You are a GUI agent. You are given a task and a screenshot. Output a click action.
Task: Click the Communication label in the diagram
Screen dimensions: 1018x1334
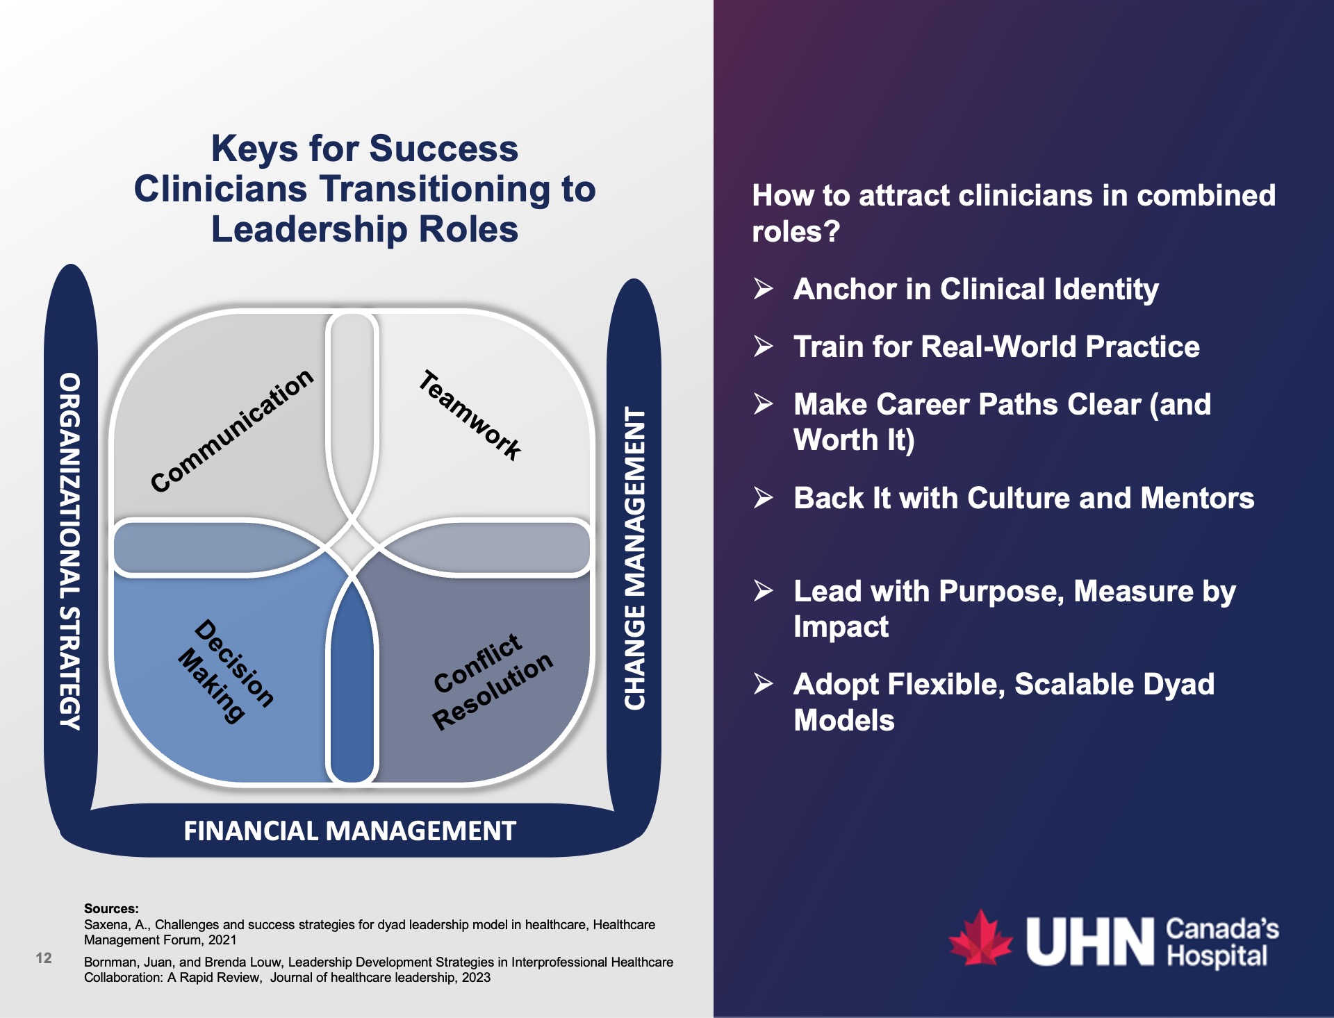coord(232,431)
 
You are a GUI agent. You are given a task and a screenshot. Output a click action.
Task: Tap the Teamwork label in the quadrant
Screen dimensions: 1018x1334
coord(470,415)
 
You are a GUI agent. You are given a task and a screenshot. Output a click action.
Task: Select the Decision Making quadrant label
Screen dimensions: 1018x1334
coord(227,671)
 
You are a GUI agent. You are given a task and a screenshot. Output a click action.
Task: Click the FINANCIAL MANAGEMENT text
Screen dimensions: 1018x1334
coord(349,831)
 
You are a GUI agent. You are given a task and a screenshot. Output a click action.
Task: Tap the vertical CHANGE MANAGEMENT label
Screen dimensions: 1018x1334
coord(634,558)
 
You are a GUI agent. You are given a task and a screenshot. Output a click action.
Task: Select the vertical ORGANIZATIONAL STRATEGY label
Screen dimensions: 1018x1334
coord(70,551)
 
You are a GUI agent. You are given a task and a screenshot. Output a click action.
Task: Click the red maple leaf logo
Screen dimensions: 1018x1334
coord(980,940)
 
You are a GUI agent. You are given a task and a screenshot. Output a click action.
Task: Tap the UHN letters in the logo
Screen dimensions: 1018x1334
coord(1089,942)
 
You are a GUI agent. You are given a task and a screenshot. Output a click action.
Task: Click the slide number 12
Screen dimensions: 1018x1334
coord(44,958)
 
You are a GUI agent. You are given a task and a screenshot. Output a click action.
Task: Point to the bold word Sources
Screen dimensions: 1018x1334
coord(111,908)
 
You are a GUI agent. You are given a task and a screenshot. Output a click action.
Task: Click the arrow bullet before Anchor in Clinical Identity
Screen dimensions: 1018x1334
coord(764,288)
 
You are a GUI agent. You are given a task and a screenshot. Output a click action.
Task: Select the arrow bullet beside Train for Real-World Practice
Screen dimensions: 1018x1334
coord(764,346)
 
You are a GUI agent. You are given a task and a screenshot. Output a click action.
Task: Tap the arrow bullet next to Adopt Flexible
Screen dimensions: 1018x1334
coord(764,684)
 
